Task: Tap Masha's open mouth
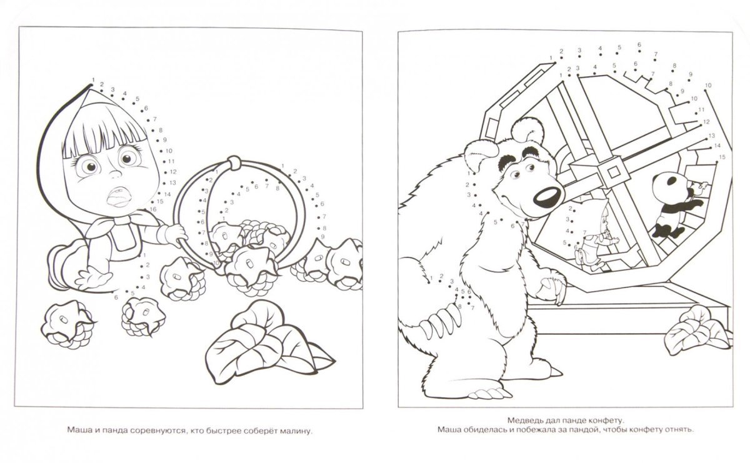point(118,197)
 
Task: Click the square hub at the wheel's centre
point(613,172)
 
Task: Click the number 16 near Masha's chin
point(153,209)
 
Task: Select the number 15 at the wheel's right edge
point(722,157)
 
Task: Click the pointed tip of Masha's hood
point(91,84)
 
